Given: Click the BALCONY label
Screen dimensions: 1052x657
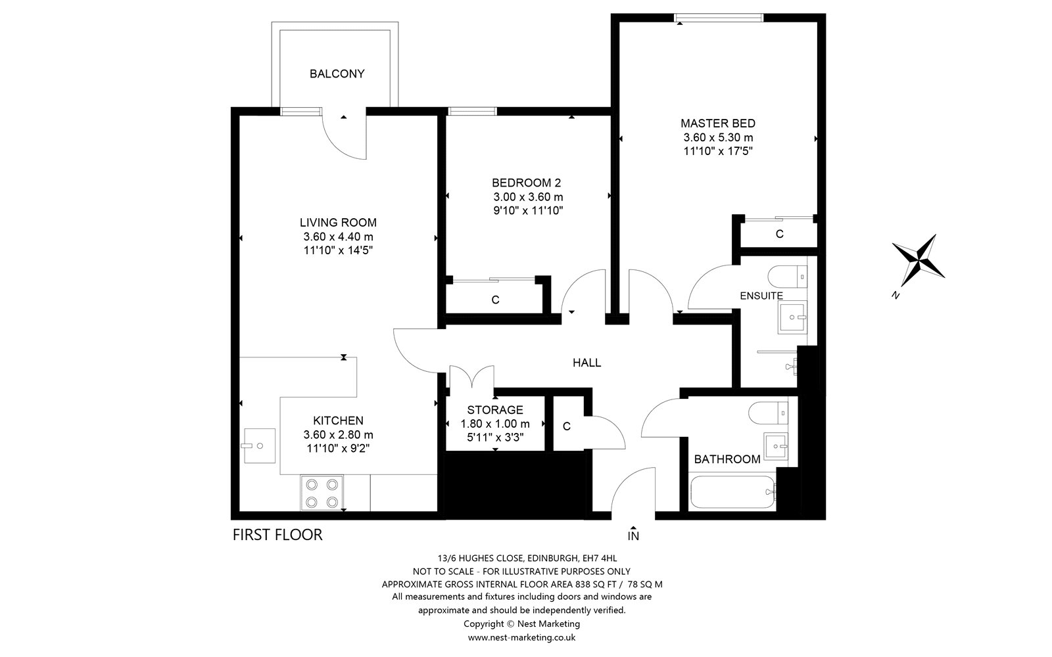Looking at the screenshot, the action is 337,74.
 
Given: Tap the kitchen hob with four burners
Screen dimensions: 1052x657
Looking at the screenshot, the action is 322,493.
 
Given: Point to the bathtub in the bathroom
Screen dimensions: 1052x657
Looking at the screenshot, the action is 732,492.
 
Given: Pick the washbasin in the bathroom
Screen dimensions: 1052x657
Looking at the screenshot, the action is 776,446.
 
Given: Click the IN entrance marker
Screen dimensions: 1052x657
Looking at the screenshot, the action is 633,533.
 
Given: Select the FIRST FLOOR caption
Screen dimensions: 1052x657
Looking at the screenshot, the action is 277,535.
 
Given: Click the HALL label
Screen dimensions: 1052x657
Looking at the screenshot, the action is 586,363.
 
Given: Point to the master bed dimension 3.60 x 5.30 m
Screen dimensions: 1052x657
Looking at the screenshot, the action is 718,137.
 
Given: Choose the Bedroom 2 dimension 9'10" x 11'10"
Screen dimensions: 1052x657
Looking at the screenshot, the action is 528,211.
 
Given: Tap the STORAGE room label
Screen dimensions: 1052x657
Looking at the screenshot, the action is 495,410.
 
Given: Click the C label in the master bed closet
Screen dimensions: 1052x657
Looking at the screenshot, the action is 780,234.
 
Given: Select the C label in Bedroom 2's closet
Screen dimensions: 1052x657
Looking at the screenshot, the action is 495,300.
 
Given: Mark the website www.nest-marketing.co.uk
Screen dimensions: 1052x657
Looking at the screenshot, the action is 521,637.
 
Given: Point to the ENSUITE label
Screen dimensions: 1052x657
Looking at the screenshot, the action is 761,296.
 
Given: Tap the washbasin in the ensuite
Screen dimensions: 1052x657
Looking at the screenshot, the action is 792,317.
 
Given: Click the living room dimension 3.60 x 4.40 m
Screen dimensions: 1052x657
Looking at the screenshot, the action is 338,237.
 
